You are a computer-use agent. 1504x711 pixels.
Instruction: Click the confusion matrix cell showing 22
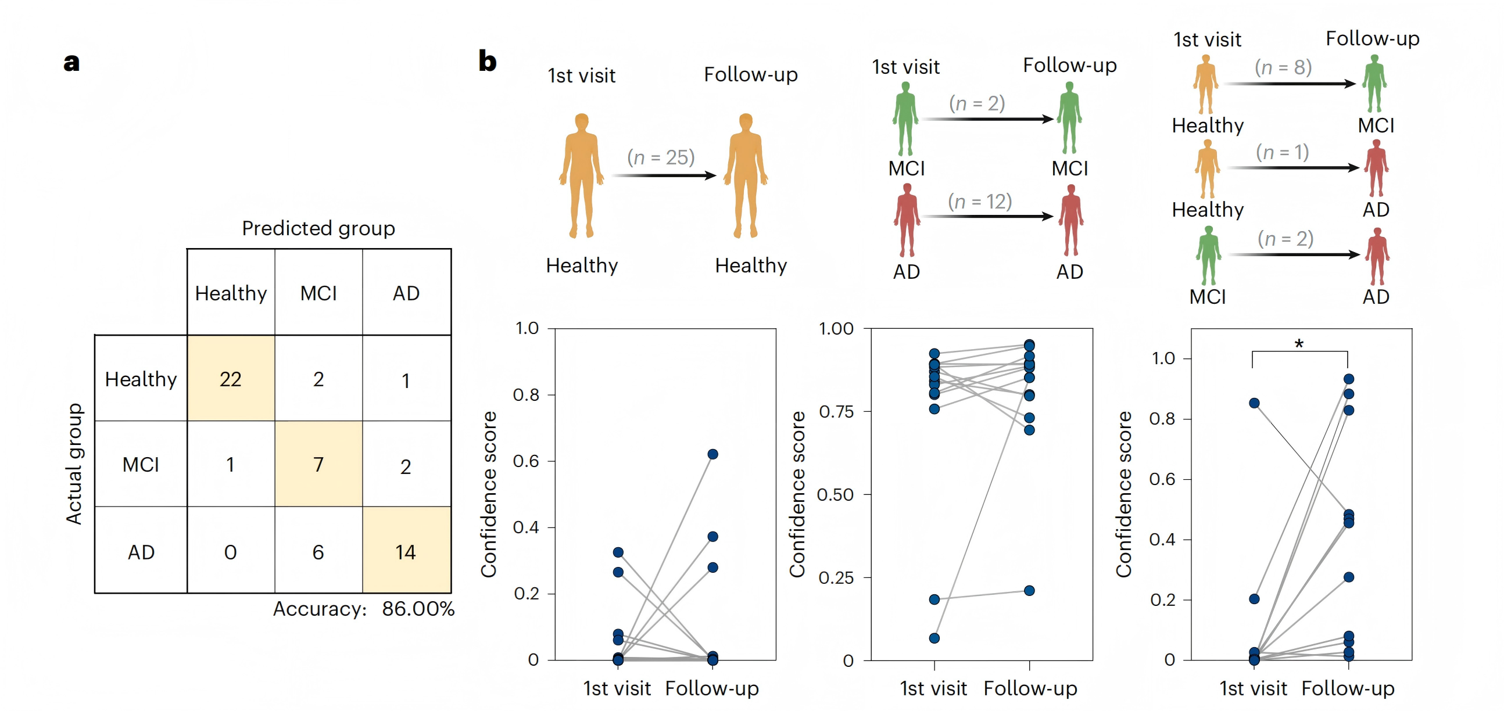231,379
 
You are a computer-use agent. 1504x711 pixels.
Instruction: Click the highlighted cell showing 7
318,465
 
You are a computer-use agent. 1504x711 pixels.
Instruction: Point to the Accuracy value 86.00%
418,609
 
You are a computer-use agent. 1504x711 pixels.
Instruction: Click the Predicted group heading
318,228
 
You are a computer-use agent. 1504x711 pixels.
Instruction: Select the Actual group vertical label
74,464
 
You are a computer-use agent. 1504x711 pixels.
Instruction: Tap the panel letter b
488,62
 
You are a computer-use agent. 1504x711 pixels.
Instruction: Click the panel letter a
71,62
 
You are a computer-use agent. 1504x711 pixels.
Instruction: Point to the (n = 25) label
661,157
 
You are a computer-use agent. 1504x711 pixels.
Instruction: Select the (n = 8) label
1283,67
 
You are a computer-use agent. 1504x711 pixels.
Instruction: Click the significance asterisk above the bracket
1299,344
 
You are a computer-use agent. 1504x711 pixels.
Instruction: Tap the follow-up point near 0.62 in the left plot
713,454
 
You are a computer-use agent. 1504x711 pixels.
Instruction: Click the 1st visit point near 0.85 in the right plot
1254,403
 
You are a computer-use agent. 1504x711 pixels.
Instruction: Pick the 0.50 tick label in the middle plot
835,494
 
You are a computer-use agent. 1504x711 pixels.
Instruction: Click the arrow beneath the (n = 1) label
1292,167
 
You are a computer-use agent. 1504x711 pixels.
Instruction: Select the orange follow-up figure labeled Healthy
746,175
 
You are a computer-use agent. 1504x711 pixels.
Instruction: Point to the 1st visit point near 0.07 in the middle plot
934,638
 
